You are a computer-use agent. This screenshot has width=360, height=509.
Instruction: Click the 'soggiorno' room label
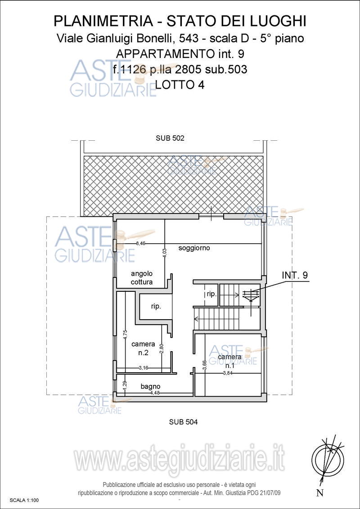[x=194, y=249]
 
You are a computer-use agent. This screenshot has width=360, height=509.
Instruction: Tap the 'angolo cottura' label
[x=142, y=278]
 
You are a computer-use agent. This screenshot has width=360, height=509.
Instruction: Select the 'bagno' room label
[x=150, y=387]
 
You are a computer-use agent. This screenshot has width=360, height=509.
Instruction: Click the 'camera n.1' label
[x=229, y=362]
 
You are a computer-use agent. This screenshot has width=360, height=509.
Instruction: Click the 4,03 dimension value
[x=165, y=253]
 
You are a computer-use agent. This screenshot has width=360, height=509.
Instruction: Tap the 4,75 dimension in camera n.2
[x=126, y=335]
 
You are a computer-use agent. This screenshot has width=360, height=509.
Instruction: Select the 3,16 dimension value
[x=143, y=368]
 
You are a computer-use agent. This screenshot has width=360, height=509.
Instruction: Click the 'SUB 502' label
[x=170, y=138]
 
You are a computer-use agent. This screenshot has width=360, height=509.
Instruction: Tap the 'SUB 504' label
[x=184, y=422]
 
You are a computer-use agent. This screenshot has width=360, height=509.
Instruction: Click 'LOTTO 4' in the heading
[x=180, y=85]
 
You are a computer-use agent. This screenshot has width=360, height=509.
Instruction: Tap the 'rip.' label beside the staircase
[x=211, y=294]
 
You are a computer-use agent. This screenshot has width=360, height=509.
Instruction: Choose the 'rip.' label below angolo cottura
[x=156, y=307]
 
